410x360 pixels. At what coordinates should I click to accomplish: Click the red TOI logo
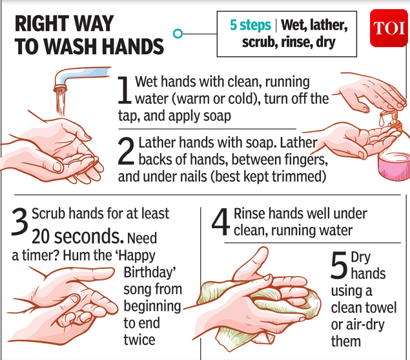pos(389,28)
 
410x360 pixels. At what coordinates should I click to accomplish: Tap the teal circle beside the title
pos(178,34)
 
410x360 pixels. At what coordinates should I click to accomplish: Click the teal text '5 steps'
pos(251,25)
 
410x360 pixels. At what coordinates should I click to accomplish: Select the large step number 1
pos(124,90)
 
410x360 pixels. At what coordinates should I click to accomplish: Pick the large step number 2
pos(126,151)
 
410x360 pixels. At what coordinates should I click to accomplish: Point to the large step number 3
pos(19,222)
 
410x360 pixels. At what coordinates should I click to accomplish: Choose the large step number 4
pos(221,222)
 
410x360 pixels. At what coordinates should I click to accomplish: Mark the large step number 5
pos(339,265)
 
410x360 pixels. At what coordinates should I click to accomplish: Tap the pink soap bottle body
pos(394,166)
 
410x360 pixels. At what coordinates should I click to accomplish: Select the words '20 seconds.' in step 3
pos(77,236)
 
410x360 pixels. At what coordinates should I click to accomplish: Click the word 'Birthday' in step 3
pos(148,272)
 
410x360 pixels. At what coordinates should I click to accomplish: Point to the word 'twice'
pos(139,339)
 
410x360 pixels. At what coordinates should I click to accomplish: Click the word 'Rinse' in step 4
pos(249,214)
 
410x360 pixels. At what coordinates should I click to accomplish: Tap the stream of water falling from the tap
pos(61,102)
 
